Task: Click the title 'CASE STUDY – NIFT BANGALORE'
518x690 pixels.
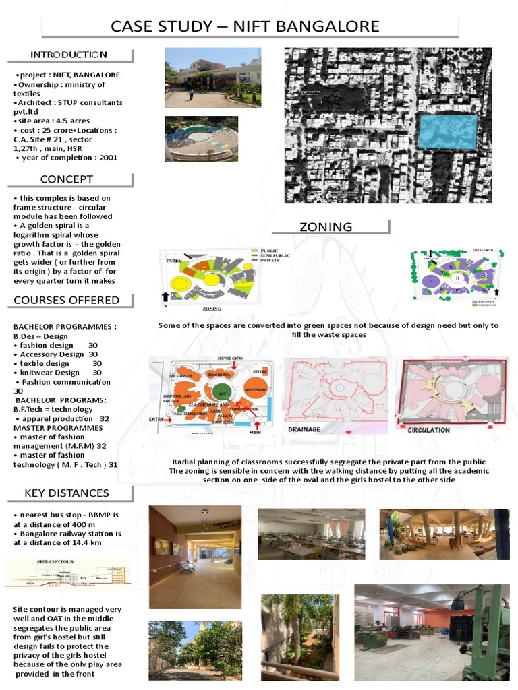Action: point(245,27)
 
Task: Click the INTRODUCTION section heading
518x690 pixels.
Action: point(68,55)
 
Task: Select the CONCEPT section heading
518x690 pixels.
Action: point(67,179)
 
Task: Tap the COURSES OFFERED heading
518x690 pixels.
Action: point(67,300)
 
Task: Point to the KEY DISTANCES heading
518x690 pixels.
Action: point(67,493)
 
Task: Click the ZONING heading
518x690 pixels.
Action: point(326,227)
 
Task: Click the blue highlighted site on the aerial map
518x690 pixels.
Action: point(447,131)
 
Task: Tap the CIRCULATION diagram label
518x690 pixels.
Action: point(428,429)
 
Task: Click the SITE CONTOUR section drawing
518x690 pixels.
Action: point(68,573)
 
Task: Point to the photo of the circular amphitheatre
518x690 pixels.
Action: point(201,138)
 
